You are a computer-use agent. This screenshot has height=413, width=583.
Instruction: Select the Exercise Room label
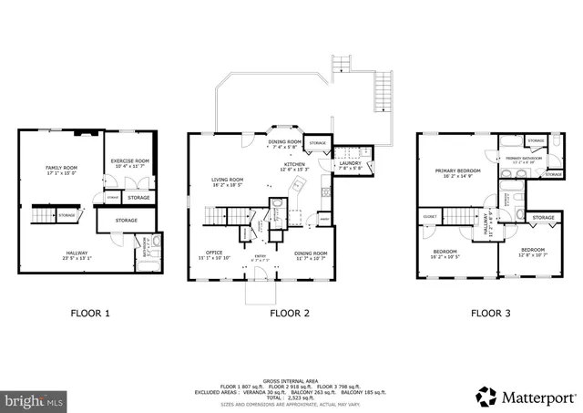(129, 161)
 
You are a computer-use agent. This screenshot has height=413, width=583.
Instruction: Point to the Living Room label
(228, 180)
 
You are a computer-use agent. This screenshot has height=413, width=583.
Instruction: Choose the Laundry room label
(351, 164)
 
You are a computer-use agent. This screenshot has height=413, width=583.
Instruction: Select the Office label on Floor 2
(214, 253)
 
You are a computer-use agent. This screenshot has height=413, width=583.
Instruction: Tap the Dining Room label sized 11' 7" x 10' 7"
(312, 253)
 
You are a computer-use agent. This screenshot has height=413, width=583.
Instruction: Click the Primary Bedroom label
(457, 170)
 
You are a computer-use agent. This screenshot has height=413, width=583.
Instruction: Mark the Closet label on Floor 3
(430, 215)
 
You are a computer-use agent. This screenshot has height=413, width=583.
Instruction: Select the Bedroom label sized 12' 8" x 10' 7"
(533, 250)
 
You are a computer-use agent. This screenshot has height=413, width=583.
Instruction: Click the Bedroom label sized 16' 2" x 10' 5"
(445, 251)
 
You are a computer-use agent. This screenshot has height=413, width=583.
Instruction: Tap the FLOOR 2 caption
(290, 313)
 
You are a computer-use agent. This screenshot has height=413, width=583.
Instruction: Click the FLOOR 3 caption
(490, 313)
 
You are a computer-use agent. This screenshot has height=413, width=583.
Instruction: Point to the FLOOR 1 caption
(90, 313)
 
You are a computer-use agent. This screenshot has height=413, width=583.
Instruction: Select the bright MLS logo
(35, 399)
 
